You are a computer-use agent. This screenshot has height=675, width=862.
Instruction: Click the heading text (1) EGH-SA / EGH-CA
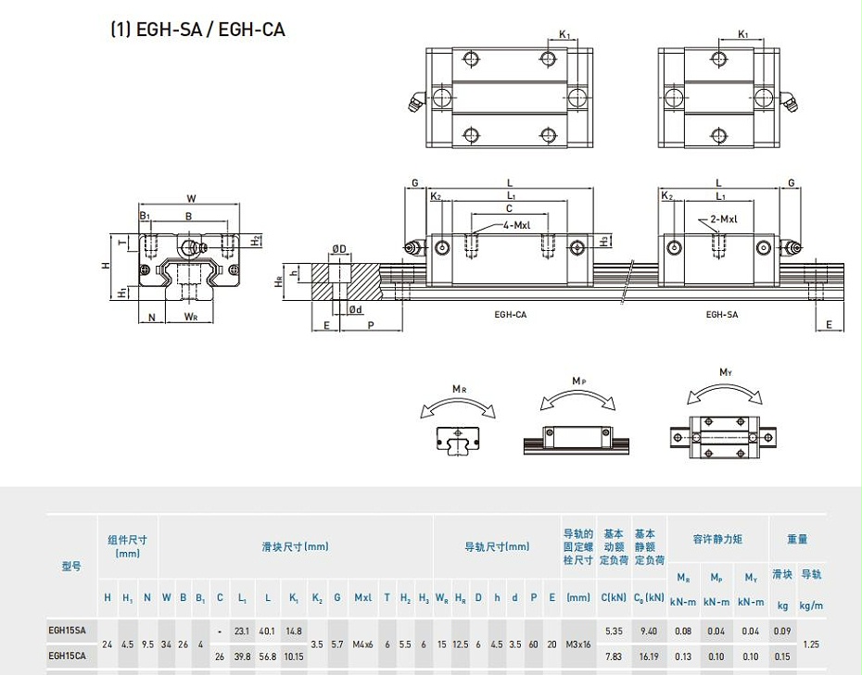coord(197,30)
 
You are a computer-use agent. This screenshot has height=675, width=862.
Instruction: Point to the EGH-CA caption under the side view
coord(511,315)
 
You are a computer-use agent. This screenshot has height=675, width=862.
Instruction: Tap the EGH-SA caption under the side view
coord(722,315)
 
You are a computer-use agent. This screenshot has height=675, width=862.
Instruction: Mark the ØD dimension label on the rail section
coord(339,249)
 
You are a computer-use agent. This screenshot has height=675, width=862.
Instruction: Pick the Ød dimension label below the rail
coord(355,310)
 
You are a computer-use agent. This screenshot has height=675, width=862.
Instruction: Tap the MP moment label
coord(578,381)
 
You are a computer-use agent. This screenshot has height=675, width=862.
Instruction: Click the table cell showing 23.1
coord(243,631)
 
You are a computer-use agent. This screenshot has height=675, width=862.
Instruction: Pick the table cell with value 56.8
coord(268,656)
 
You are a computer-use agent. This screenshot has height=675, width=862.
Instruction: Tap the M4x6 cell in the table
coord(362,644)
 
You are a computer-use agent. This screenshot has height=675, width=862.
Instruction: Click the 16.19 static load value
coord(650,656)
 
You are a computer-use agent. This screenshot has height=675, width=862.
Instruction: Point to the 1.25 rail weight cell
coord(811,644)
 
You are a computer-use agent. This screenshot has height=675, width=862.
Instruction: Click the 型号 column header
coord(71,566)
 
